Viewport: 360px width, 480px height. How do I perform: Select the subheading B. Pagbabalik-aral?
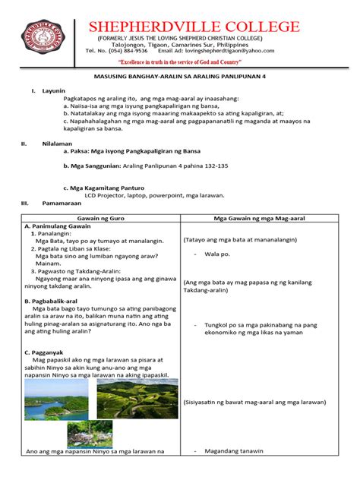pos(55,301)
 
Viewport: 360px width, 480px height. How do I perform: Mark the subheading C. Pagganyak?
pos(46,352)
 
